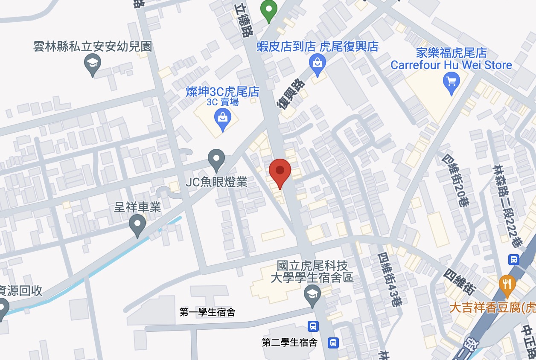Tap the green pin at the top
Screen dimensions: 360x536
pyautogui.click(x=269, y=10)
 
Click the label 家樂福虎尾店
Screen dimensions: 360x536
pyautogui.click(x=452, y=53)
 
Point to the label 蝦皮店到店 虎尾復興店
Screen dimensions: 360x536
pyautogui.click(x=318, y=46)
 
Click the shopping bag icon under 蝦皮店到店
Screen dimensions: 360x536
pyautogui.click(x=318, y=63)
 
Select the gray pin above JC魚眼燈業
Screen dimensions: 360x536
pyautogui.click(x=216, y=159)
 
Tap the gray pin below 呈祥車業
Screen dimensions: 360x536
pyautogui.click(x=137, y=224)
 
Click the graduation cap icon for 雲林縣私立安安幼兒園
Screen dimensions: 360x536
pyautogui.click(x=93, y=64)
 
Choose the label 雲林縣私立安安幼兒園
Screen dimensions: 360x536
pyautogui.click(x=93, y=46)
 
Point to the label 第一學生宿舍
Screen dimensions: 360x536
pyautogui.click(x=207, y=312)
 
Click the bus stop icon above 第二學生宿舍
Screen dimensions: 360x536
pyautogui.click(x=313, y=326)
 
